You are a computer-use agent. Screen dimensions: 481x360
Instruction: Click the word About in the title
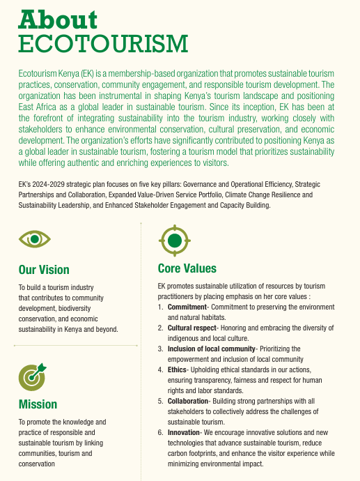[58, 19]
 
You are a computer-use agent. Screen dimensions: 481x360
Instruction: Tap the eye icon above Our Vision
[35, 240]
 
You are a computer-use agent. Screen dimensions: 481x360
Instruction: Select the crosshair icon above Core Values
[175, 240]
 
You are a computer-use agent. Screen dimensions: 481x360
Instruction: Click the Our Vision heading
[44, 270]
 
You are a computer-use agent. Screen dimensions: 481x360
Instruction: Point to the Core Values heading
[187, 268]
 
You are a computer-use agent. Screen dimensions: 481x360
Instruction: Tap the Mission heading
[38, 404]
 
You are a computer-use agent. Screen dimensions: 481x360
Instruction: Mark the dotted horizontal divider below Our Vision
[71, 344]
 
